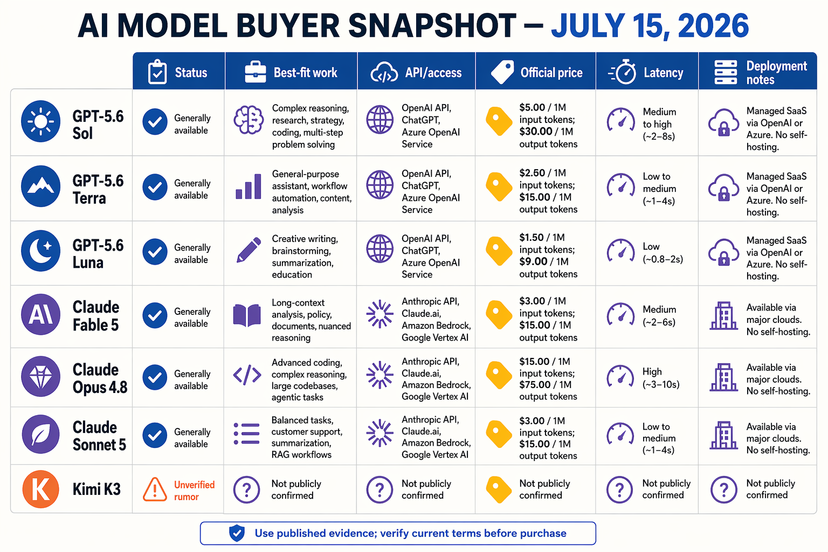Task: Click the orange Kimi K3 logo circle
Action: pos(40,489)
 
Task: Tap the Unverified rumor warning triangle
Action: pos(155,489)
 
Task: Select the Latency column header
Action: pos(647,72)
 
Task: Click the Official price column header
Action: pos(536,72)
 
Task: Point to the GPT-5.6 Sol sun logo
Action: pos(40,121)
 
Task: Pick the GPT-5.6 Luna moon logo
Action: pos(40,251)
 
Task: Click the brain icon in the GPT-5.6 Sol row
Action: pos(249,120)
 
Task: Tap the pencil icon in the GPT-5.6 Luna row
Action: pos(249,250)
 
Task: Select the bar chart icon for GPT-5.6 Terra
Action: pos(249,186)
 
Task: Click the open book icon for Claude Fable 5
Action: pos(247,315)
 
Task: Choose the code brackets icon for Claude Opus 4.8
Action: pos(247,375)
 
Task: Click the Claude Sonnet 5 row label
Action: pos(99,436)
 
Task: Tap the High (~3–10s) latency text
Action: pos(661,378)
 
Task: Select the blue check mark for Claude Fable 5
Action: pos(155,315)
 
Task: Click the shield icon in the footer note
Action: pos(237,533)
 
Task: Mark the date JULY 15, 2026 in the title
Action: pos(650,26)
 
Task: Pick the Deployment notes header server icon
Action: pos(725,72)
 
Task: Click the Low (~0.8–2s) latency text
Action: pos(663,252)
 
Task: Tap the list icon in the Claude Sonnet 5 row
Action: pos(247,434)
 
